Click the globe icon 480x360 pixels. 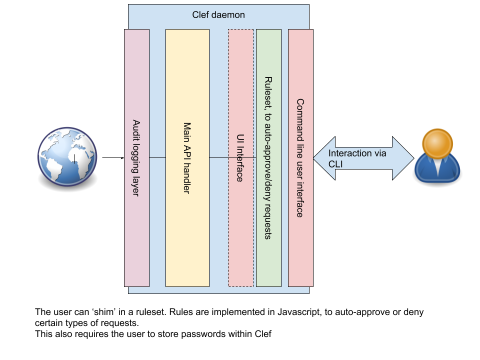click(67, 156)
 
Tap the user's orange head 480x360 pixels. click(437, 144)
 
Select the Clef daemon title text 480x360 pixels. click(218, 15)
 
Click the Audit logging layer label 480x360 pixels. click(136, 157)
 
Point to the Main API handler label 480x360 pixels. click(187, 157)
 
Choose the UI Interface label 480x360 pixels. click(240, 157)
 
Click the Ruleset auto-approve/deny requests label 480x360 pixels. click(268, 157)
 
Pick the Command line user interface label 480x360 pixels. click(300, 157)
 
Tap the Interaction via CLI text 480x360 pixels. click(357, 158)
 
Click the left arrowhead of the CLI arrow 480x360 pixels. click(322, 158)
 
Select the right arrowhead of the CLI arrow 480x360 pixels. click(403, 158)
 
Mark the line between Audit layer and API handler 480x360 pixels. click(157, 157)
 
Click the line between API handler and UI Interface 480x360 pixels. click(218, 157)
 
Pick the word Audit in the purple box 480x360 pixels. click(136, 129)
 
